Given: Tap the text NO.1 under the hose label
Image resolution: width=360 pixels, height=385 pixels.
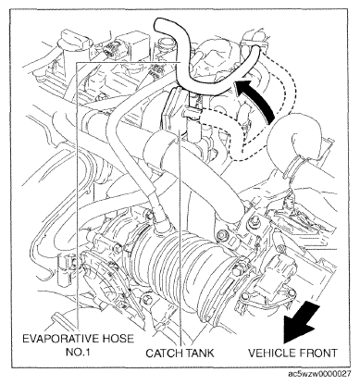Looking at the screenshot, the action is (x=78, y=353).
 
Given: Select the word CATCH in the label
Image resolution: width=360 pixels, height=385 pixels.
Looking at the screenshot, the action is (x=163, y=353).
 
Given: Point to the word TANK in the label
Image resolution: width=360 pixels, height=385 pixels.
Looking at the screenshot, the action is (x=198, y=353).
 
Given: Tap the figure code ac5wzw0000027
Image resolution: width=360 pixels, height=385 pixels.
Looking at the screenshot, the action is (x=319, y=374).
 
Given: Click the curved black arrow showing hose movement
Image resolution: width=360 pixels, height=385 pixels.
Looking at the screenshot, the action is (x=258, y=97).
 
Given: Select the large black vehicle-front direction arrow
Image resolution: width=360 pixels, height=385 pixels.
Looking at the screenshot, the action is (x=301, y=322).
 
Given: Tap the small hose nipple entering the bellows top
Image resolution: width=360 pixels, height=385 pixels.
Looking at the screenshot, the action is (x=160, y=224).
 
